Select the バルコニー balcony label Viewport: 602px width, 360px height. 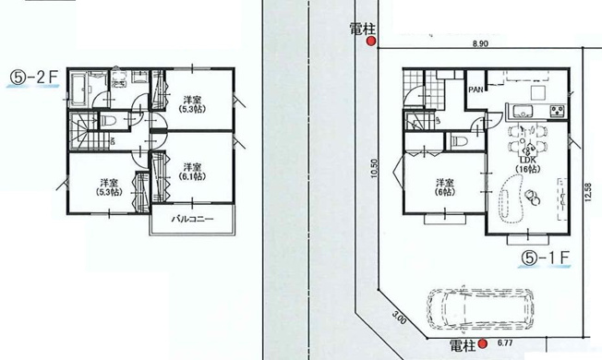192,221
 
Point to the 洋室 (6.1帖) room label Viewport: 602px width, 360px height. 192,173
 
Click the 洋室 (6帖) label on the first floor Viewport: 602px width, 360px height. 445,186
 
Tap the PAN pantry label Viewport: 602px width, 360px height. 476,90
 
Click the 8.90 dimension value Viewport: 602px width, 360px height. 479,43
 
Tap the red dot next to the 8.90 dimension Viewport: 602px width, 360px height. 371,42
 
